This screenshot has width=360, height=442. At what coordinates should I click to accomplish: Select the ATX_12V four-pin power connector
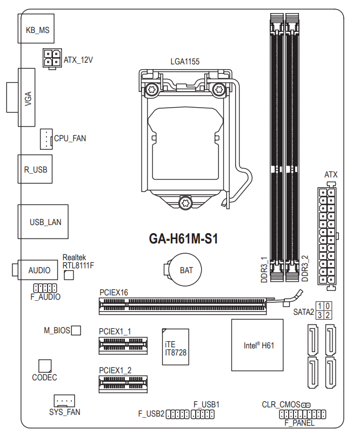click(x=51, y=58)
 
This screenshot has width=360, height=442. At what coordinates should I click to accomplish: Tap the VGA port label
click(x=28, y=99)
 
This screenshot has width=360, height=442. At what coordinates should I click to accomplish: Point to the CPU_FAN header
click(x=46, y=138)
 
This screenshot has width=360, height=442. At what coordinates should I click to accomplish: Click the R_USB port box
click(x=36, y=169)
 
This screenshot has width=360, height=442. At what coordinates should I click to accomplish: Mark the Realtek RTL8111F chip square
click(x=69, y=276)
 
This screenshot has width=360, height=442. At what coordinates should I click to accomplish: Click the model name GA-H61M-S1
click(x=183, y=239)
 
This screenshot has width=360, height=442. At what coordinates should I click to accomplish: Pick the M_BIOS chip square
click(x=76, y=329)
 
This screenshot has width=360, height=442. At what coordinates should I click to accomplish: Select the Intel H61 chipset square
click(x=257, y=345)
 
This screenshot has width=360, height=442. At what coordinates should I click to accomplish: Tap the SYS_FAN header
click(x=64, y=401)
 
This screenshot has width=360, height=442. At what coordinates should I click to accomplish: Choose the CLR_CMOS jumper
click(x=306, y=404)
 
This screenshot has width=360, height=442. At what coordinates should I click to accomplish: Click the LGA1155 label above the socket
click(x=185, y=62)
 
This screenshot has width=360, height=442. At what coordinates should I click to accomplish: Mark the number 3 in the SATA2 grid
click(x=321, y=315)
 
